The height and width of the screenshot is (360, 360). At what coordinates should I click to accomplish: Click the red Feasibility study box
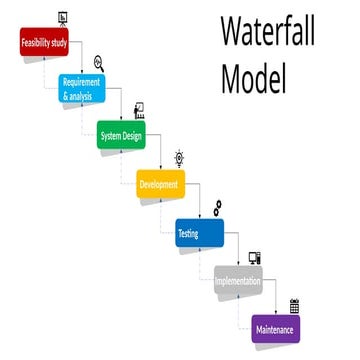coord(44,43)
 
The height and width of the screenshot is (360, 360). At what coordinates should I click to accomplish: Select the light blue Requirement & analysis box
coord(82,88)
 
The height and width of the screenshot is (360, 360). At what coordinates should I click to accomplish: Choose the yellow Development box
coord(161,184)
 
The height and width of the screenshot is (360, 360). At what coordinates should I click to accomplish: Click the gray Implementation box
coord(237,281)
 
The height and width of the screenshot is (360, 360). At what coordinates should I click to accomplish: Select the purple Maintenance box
coord(275,327)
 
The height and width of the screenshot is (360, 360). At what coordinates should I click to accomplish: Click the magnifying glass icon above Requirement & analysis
coord(98,63)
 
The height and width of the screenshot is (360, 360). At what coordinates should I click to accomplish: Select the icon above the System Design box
coord(139,109)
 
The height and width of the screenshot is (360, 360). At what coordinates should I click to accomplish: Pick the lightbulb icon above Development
coord(179,157)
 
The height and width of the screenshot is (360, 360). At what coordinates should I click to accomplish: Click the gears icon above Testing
coord(216,207)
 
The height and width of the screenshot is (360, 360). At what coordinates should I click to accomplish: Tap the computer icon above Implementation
coord(255,257)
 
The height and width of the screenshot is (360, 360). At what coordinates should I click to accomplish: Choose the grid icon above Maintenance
coord(294,305)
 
